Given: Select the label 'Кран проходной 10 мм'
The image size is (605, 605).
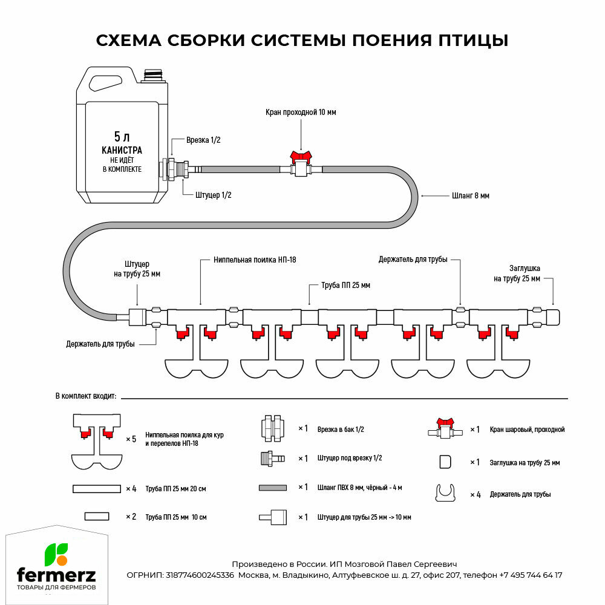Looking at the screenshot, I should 301,113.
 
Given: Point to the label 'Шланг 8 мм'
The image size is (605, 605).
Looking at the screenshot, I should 470,196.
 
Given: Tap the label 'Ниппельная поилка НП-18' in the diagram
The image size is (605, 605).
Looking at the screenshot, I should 255,260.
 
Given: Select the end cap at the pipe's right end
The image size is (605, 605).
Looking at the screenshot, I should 553,316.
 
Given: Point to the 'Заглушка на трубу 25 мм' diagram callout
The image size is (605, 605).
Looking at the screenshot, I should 516,273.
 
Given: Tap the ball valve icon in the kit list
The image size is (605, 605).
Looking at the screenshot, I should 445,428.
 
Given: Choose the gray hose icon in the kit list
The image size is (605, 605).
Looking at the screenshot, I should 272,488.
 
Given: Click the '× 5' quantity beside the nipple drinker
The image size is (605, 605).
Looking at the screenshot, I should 131,439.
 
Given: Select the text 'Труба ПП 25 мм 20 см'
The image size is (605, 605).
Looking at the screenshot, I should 176,488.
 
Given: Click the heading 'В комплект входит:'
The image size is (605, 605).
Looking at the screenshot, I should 85,396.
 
